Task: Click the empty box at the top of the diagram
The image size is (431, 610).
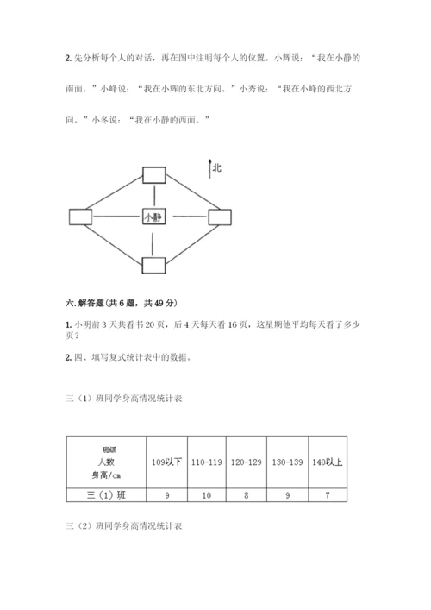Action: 154,174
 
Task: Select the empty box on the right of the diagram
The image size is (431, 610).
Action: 222,217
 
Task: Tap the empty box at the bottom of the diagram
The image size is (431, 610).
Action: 153,264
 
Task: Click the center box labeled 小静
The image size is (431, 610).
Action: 154,217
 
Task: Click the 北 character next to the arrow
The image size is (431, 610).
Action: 217,168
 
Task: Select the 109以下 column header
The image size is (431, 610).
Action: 166,462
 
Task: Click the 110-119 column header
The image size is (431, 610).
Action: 206,462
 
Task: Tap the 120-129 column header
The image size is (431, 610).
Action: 247,462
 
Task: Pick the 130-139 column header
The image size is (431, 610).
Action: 288,462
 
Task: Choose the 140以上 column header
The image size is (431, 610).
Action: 328,462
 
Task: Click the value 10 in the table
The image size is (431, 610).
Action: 206,494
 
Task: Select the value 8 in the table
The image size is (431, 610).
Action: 247,494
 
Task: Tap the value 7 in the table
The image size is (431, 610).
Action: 328,494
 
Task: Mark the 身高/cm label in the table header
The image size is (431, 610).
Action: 107,475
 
